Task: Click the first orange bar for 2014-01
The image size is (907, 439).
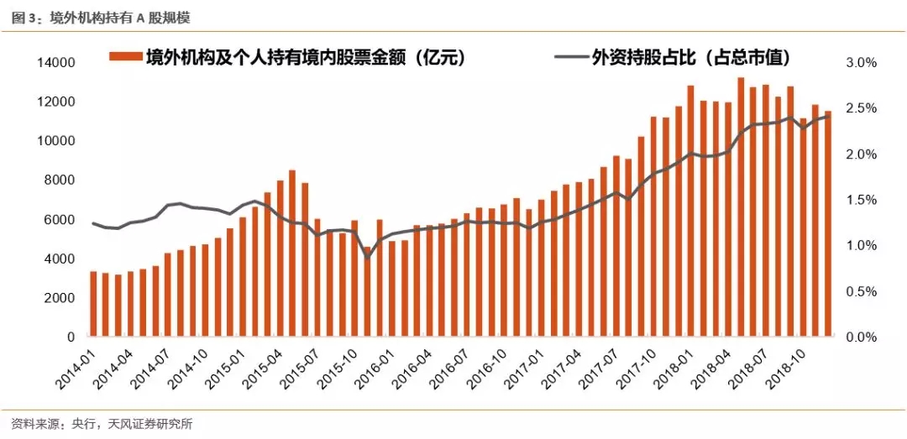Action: point(93,304)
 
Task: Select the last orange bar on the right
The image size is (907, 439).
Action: point(828,224)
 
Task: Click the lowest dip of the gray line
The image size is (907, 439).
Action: point(367,257)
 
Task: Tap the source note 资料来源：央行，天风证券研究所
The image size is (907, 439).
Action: point(102,424)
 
